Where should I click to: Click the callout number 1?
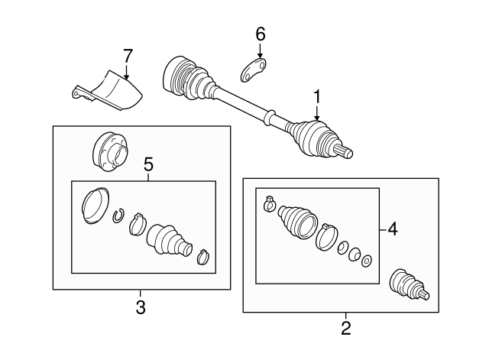[316, 97]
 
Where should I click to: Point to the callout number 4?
[393, 228]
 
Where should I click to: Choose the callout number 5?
[149, 164]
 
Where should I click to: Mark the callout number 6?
[260, 34]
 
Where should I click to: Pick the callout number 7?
[128, 55]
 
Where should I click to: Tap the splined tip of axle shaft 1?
[346, 153]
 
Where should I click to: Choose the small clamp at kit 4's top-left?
[269, 203]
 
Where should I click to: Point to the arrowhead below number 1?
[316, 117]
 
